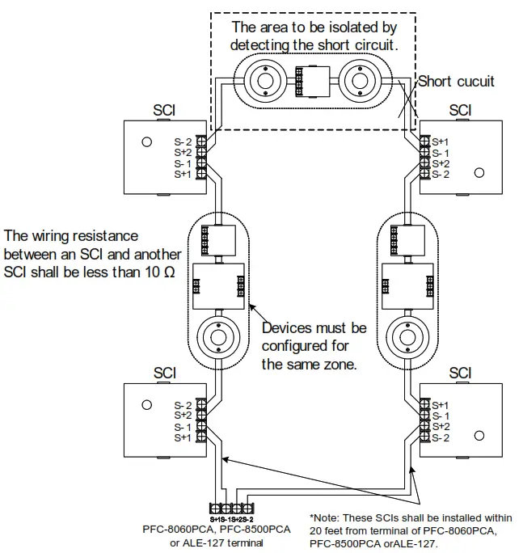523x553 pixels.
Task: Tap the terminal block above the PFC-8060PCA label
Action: pyautogui.click(x=233, y=509)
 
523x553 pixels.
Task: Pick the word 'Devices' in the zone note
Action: pyautogui.click(x=289, y=328)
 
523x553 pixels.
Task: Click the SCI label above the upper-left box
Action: pyautogui.click(x=165, y=110)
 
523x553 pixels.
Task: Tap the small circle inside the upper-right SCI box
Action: pyautogui.click(x=479, y=172)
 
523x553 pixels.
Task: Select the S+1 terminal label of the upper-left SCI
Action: pyautogui.click(x=183, y=174)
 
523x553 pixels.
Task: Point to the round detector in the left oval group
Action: pyautogui.click(x=217, y=332)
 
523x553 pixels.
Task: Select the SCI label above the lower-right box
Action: pyautogui.click(x=459, y=373)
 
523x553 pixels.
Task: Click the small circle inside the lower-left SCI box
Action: pyautogui.click(x=146, y=405)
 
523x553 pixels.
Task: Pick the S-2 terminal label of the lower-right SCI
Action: pyautogui.click(x=441, y=437)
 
